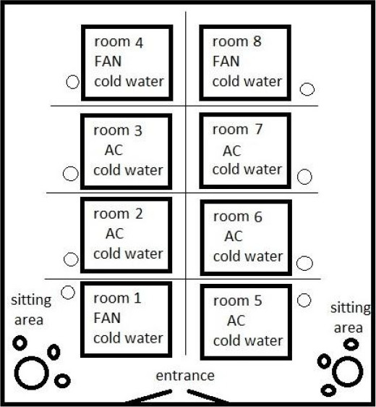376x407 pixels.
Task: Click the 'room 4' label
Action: click(119, 42)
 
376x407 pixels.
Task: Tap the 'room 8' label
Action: click(237, 41)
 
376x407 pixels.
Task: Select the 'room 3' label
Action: click(118, 130)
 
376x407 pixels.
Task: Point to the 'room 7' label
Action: click(237, 129)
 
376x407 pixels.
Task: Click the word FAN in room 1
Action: click(107, 318)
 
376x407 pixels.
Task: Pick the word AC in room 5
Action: click(236, 321)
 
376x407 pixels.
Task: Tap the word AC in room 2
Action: click(115, 234)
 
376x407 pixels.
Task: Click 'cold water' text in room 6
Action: click(248, 256)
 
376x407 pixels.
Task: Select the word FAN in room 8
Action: click(226, 62)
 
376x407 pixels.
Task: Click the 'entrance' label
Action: click(185, 376)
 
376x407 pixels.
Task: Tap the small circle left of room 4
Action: click(72, 82)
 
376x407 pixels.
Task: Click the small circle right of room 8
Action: click(307, 89)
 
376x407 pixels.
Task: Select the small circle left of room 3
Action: click(70, 174)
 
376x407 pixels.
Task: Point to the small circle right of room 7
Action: click(304, 177)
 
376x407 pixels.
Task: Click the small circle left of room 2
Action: click(71, 259)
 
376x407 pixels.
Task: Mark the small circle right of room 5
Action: click(304, 301)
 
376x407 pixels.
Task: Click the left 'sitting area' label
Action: click(31, 310)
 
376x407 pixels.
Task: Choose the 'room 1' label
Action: click(117, 298)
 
